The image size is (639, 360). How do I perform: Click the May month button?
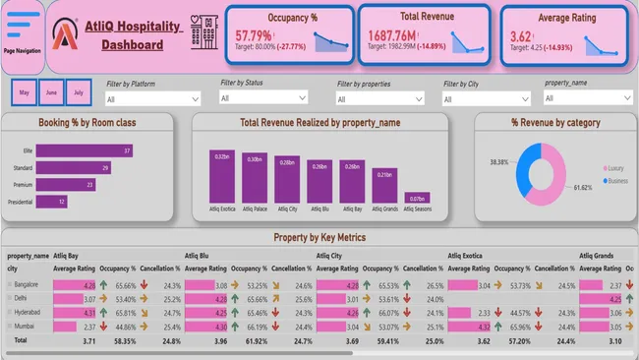[25, 93]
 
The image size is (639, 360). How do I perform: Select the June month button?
[51, 93]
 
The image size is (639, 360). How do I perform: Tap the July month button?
[78, 93]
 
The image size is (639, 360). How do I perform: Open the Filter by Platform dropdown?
[153, 99]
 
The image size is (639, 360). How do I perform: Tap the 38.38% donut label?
[499, 162]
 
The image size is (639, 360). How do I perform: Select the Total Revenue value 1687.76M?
[401, 36]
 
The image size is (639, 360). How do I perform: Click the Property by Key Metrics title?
[319, 237]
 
